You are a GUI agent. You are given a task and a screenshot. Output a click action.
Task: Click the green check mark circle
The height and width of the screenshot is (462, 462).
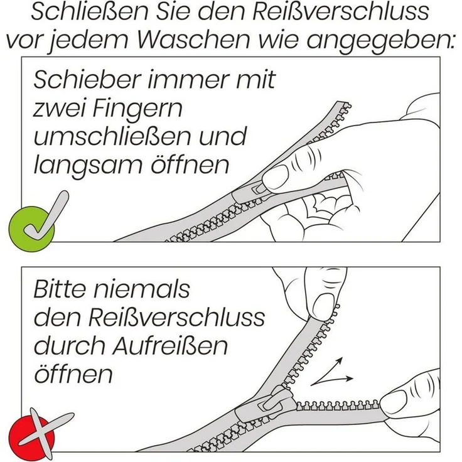click(31, 229)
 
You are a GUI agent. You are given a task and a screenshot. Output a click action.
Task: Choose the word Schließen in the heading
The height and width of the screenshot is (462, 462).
click(89, 12)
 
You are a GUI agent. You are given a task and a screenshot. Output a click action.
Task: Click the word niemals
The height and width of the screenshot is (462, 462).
click(142, 289)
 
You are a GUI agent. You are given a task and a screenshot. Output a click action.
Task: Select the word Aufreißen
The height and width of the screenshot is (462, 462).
click(171, 346)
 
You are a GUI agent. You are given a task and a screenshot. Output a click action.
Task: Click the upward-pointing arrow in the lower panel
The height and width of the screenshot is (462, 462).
click(327, 370)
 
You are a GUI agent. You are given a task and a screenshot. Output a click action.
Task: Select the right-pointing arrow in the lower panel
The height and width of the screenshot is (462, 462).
click(332, 380)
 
